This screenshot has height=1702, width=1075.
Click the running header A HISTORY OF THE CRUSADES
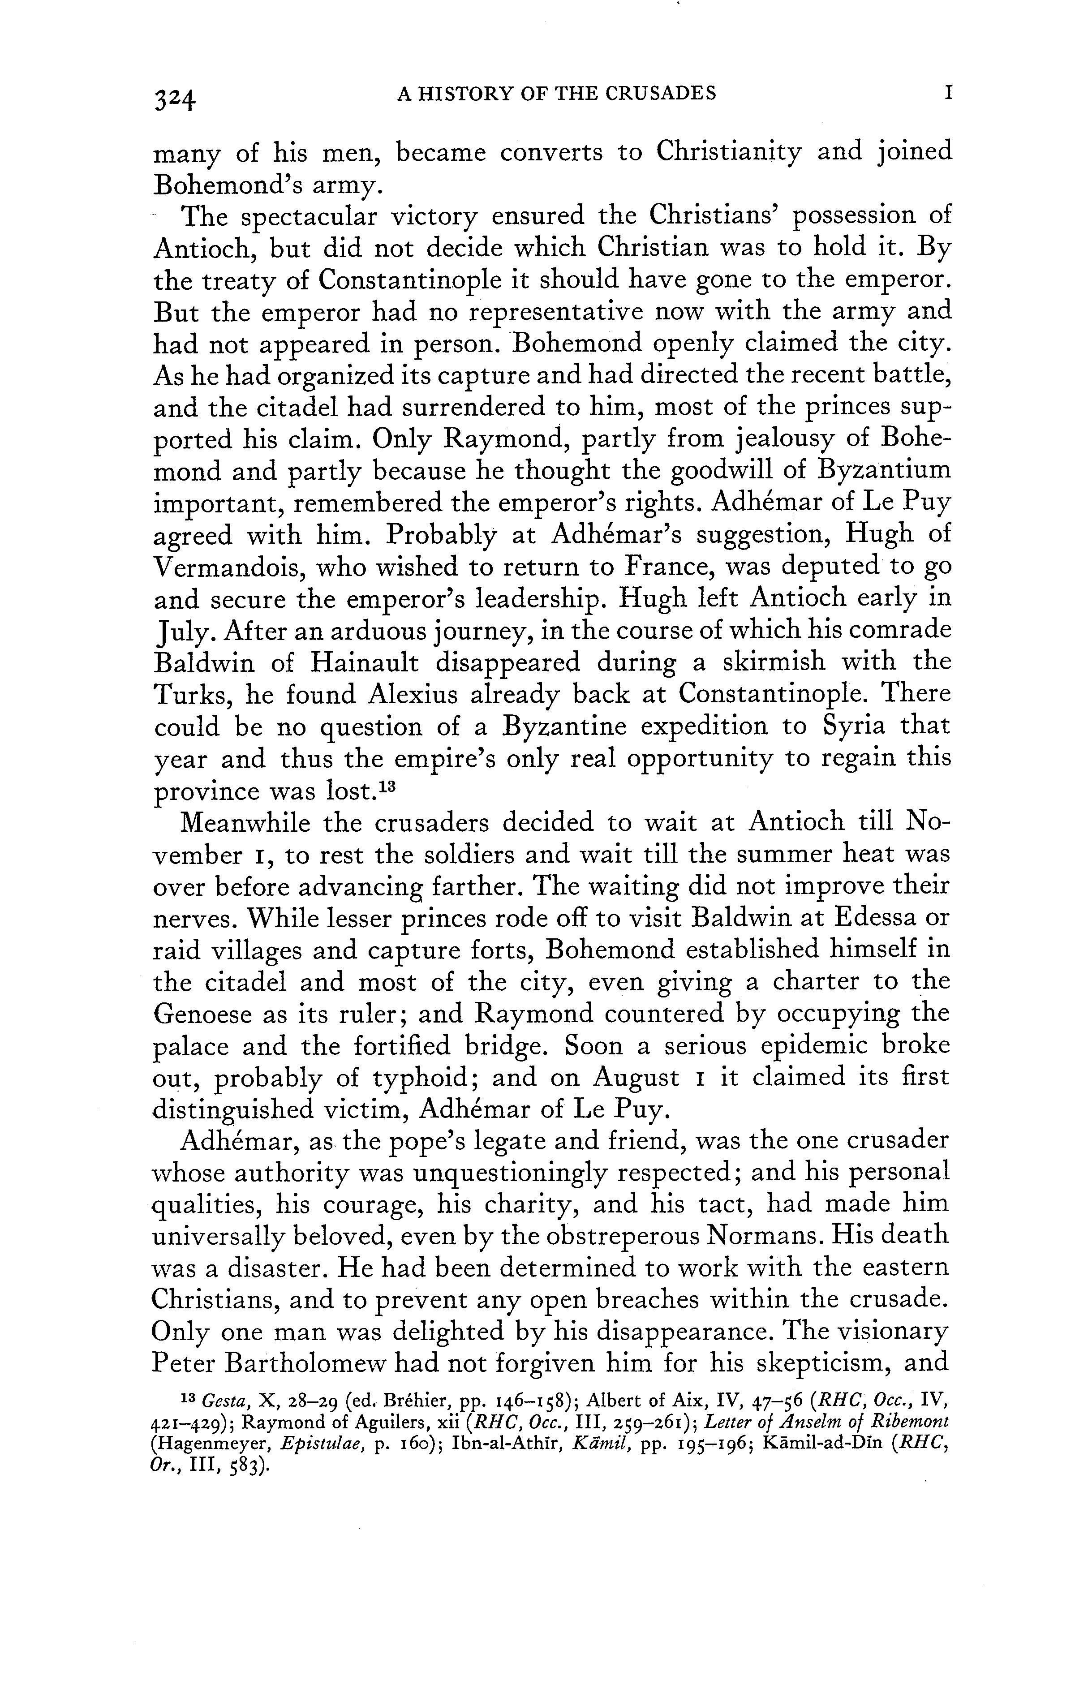click(x=557, y=93)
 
